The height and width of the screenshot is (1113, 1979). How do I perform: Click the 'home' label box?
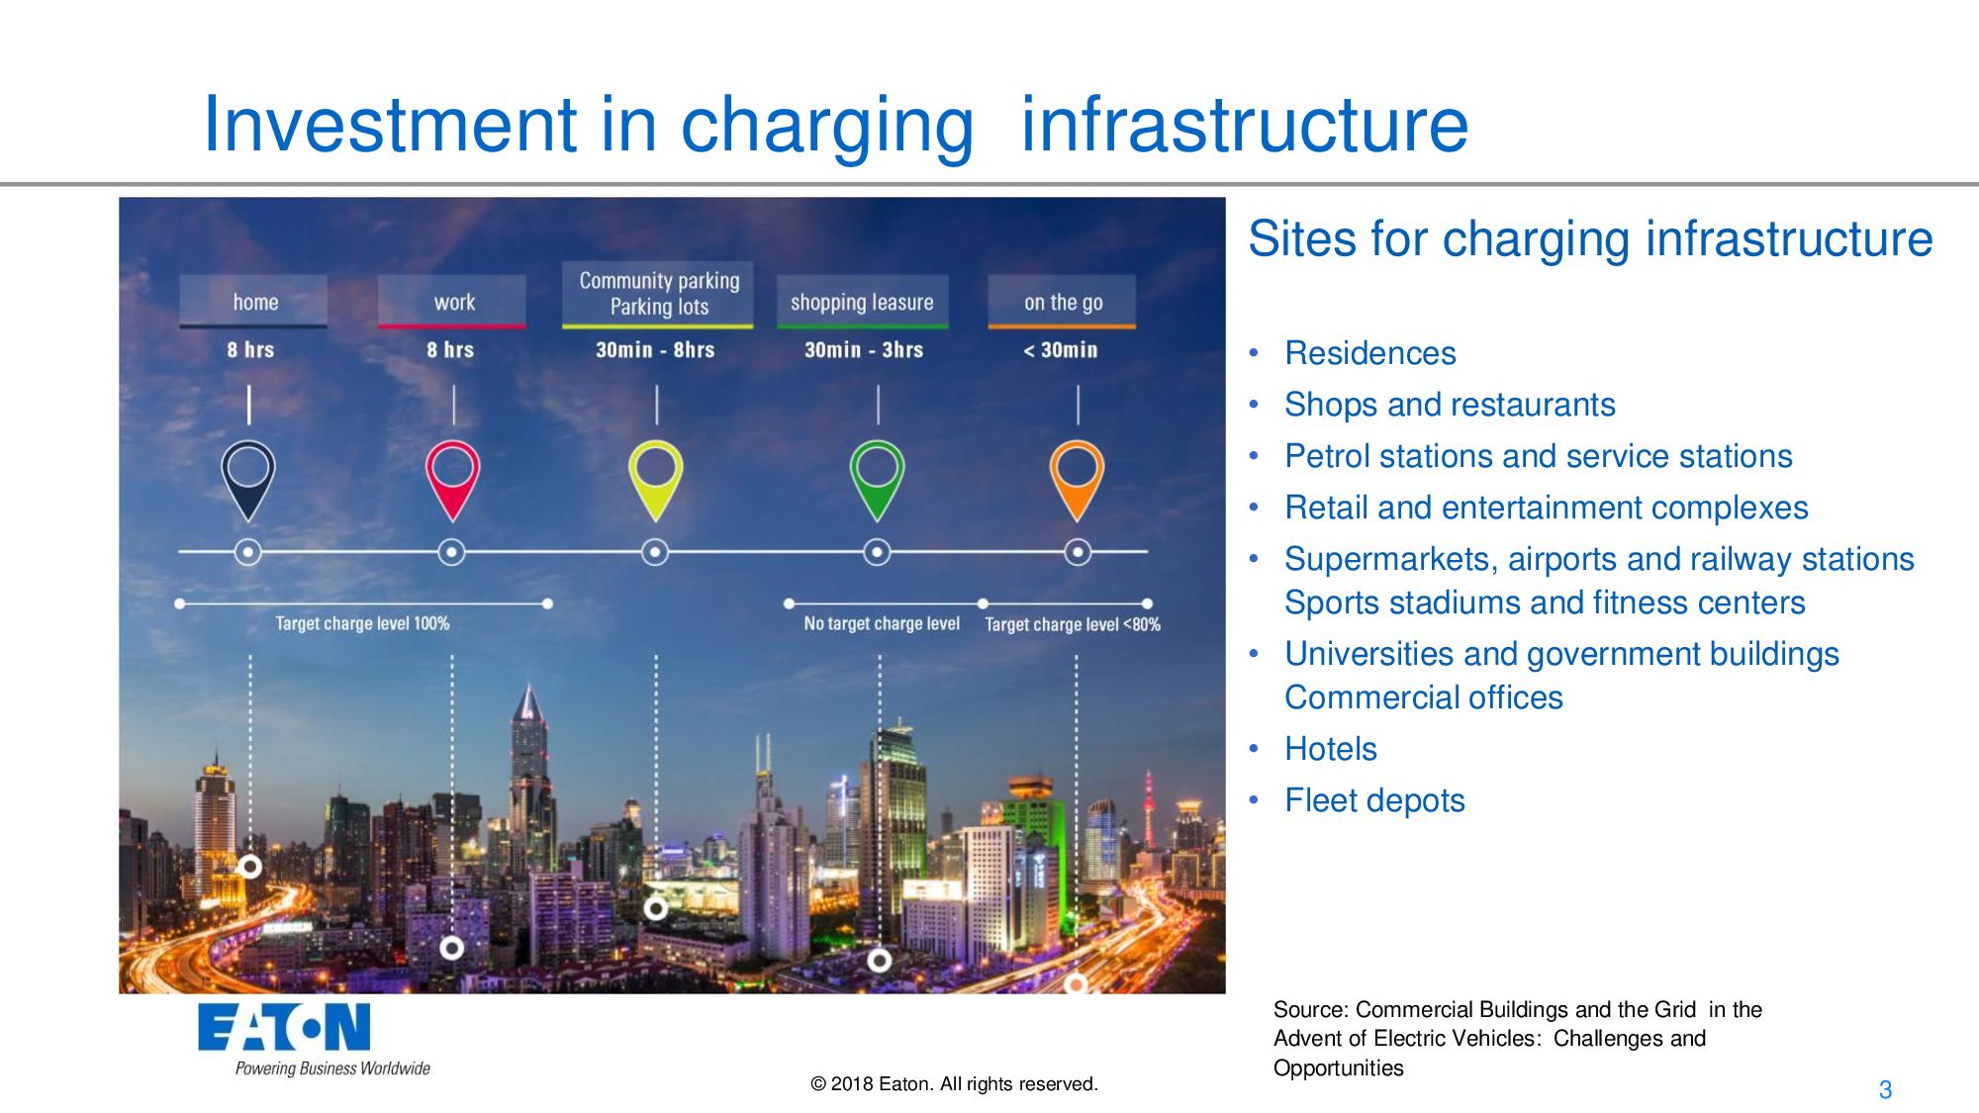click(x=253, y=302)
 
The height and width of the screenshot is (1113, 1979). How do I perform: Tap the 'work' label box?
click(x=452, y=302)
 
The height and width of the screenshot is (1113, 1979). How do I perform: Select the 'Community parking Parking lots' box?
click(x=658, y=294)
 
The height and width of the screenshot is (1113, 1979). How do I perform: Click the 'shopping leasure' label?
click(x=862, y=302)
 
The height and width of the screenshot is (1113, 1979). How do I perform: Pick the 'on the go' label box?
click(x=1062, y=302)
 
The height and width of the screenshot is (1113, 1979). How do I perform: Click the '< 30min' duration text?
click(x=1060, y=350)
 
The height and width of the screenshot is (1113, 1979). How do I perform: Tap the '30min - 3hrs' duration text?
click(x=863, y=350)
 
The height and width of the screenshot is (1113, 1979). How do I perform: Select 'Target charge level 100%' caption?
click(x=362, y=623)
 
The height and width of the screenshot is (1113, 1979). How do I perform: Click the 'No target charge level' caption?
click(x=881, y=623)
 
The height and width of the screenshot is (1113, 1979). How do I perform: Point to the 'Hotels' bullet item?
click(x=1330, y=749)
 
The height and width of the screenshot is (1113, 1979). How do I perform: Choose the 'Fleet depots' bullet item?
click(x=1373, y=800)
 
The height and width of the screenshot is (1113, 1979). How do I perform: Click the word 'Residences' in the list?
click(x=1369, y=353)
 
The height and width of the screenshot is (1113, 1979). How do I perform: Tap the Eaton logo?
click(x=285, y=1029)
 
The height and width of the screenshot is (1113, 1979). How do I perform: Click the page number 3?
click(x=1885, y=1089)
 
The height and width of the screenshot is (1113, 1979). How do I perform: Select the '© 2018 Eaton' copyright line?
click(x=954, y=1083)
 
